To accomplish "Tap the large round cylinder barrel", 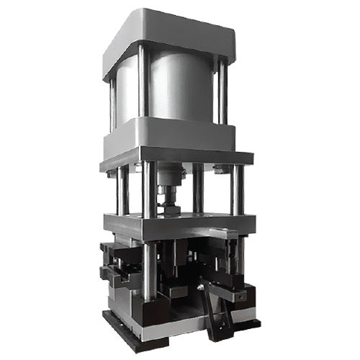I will [180, 90].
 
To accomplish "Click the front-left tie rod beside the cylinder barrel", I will [144, 83].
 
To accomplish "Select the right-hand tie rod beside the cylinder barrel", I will [222, 90].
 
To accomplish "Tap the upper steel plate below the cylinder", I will [176, 158].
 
